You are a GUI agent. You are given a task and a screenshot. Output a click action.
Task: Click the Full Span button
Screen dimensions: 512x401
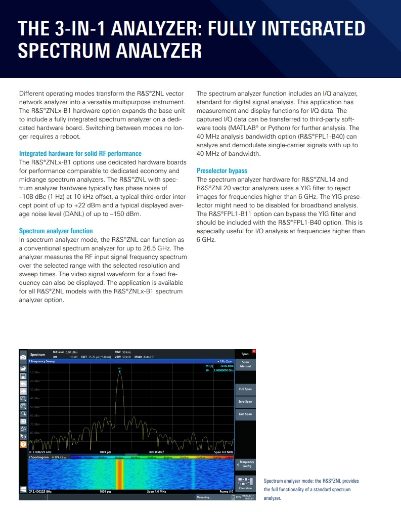(x=245, y=389)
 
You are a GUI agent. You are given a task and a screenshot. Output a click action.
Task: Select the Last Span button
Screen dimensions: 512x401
(x=245, y=414)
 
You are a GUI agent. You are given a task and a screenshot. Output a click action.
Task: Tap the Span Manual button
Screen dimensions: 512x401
(x=245, y=364)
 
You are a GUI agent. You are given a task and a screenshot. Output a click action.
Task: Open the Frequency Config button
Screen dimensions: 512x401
(x=246, y=464)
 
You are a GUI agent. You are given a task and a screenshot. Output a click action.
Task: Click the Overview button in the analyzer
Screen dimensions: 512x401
(x=245, y=485)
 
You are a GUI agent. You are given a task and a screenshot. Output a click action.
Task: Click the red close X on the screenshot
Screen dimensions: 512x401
(x=254, y=352)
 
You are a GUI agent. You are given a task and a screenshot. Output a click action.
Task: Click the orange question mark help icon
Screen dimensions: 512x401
(x=23, y=444)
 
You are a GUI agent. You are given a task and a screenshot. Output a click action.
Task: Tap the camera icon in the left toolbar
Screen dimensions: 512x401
(x=23, y=357)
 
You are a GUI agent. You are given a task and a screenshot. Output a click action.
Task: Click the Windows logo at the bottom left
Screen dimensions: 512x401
(x=23, y=490)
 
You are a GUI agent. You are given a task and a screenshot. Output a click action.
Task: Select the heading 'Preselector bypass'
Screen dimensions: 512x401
(x=222, y=171)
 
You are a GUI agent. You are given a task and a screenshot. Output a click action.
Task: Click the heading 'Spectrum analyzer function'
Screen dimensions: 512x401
(x=56, y=231)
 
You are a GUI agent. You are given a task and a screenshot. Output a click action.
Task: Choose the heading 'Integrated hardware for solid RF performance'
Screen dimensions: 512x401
(x=80, y=153)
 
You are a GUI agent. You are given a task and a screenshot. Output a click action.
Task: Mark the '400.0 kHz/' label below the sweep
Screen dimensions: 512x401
(x=156, y=452)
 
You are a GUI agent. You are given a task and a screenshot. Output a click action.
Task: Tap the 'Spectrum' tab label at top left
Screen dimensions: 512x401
(x=37, y=355)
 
